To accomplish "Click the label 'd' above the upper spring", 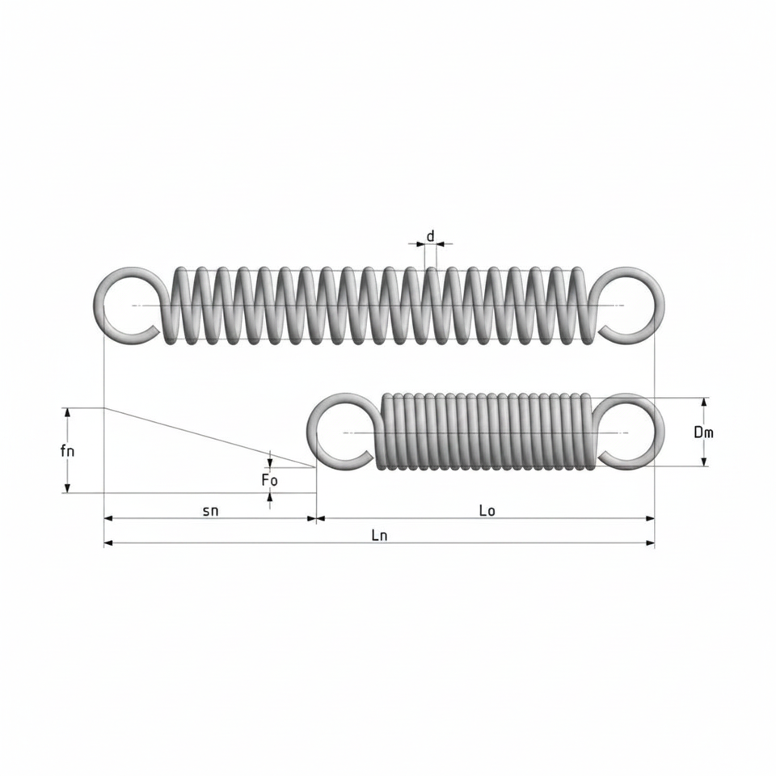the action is coord(431,236).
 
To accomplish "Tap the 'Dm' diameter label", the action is coord(703,432).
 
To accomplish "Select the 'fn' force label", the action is coord(67,451).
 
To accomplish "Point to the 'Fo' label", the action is coord(270,479).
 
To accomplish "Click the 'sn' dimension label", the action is coord(210,510).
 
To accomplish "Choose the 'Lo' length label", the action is coord(487,510).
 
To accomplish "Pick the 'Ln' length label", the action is coord(380,535).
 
